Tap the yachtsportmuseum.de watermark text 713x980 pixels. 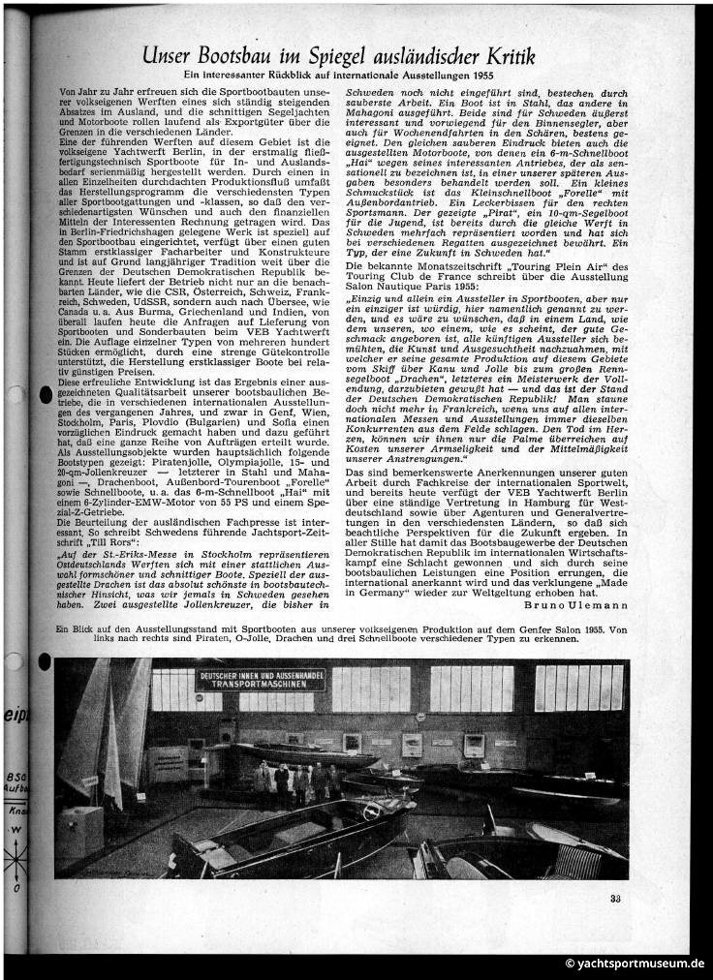pos(635,964)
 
